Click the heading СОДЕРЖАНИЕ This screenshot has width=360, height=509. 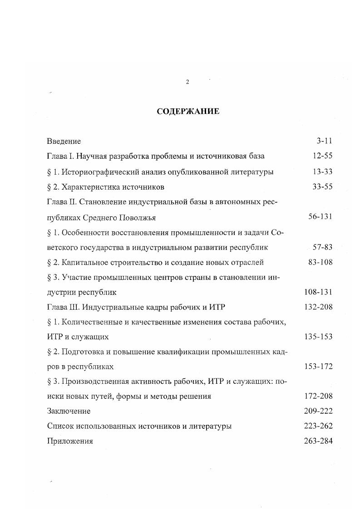(x=187, y=111)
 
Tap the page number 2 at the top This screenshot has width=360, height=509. (x=187, y=82)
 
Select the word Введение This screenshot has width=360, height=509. (x=64, y=142)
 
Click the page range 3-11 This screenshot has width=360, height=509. (x=325, y=141)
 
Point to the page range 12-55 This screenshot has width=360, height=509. (x=322, y=156)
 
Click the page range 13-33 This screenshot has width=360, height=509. (x=322, y=171)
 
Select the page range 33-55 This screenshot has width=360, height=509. (x=322, y=187)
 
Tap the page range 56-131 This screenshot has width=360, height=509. (x=320, y=217)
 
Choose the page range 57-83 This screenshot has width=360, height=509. (x=322, y=247)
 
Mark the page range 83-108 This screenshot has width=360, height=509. (x=320, y=262)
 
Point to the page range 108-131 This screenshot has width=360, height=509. (x=318, y=292)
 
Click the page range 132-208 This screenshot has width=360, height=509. (x=318, y=307)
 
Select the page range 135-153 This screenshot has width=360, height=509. (x=318, y=337)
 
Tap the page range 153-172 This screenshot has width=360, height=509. (x=318, y=366)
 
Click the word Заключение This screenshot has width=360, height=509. (x=69, y=411)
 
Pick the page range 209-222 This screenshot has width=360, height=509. (x=318, y=411)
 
